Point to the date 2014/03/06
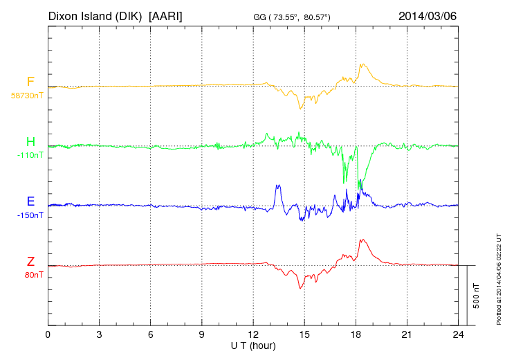(x=428, y=15)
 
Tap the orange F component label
(x=30, y=82)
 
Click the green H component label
(x=30, y=142)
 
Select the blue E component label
(x=30, y=201)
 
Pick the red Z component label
(x=30, y=261)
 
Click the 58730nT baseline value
(x=27, y=96)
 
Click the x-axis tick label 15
(x=304, y=334)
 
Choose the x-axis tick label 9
(x=202, y=334)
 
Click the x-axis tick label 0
(x=48, y=334)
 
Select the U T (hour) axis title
(x=253, y=345)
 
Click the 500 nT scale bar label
(x=477, y=295)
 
